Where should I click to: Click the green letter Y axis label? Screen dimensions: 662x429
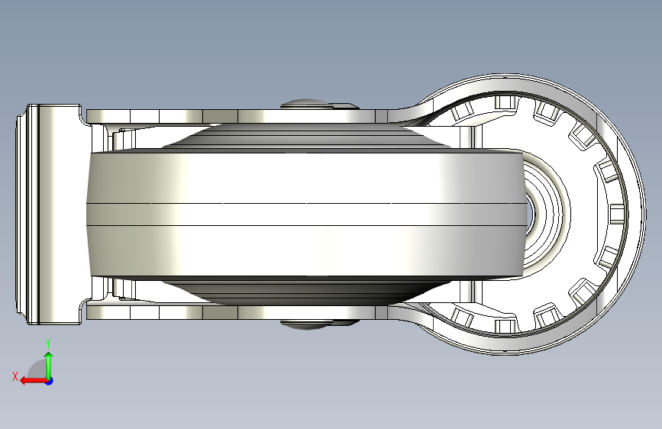pyautogui.click(x=48, y=344)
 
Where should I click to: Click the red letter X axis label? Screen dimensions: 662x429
pyautogui.click(x=15, y=376)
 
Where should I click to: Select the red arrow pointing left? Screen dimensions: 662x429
pyautogui.click(x=34, y=381)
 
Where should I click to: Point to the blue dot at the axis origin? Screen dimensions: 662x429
pyautogui.click(x=50, y=381)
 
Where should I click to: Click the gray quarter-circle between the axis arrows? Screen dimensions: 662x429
pyautogui.click(x=38, y=369)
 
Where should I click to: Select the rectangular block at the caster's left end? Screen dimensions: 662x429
pyautogui.click(x=54, y=214)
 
